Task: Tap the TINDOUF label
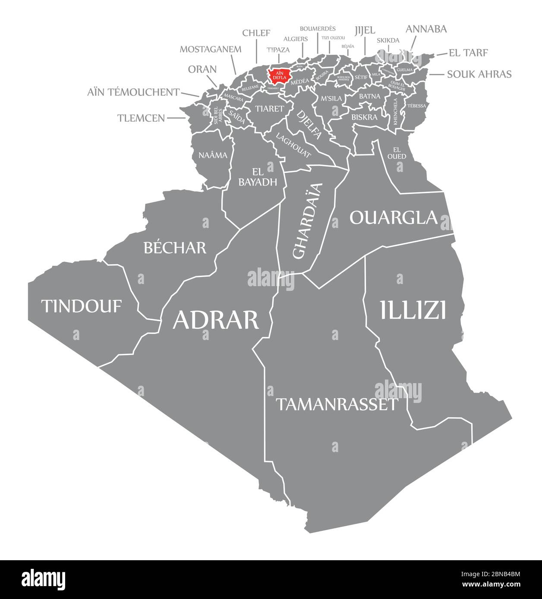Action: (82, 306)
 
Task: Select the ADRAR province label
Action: (216, 320)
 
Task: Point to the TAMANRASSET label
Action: (336, 404)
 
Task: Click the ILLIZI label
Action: (413, 310)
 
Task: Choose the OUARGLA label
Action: (393, 218)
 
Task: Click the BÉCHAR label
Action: (175, 247)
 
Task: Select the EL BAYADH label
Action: (258, 177)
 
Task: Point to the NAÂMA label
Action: (213, 155)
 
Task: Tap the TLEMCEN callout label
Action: (141, 118)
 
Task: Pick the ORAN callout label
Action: (202, 69)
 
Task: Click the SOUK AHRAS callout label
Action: (479, 74)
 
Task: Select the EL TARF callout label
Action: (468, 53)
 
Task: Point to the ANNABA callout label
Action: (426, 29)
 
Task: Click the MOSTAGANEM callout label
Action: (210, 49)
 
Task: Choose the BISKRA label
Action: (364, 117)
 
